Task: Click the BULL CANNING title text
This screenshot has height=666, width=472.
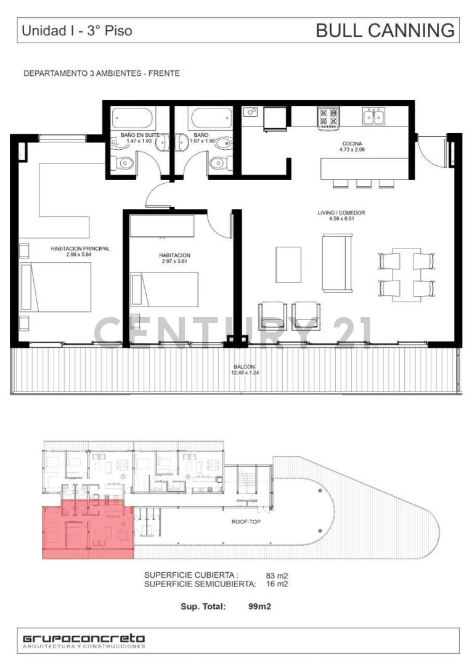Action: click(x=385, y=30)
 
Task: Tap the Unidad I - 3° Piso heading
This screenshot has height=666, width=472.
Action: click(x=76, y=30)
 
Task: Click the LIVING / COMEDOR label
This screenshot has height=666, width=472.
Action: click(x=341, y=213)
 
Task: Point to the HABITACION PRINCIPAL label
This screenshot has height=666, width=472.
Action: click(x=80, y=249)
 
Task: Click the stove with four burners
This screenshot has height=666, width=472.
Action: click(x=328, y=117)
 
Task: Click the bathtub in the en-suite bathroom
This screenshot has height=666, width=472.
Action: click(x=131, y=118)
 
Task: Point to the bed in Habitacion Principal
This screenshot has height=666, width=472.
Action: click(x=55, y=287)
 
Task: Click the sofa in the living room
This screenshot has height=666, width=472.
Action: click(x=337, y=262)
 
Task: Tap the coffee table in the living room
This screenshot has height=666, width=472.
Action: click(x=288, y=264)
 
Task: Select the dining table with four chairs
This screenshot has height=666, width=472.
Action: click(x=407, y=273)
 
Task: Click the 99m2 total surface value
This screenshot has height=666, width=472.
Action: click(x=260, y=606)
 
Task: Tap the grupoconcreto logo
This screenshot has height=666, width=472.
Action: click(x=84, y=639)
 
